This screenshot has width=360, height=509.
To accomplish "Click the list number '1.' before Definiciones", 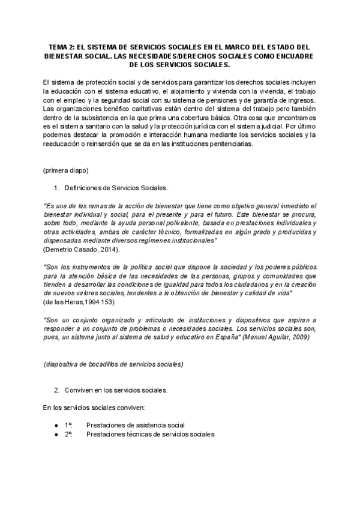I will click(x=58, y=188).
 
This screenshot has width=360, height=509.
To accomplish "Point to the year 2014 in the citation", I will click(x=107, y=248).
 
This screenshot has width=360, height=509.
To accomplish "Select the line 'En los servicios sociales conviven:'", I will click(x=94, y=408).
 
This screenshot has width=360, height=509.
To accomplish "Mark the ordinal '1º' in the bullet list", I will click(x=68, y=425).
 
